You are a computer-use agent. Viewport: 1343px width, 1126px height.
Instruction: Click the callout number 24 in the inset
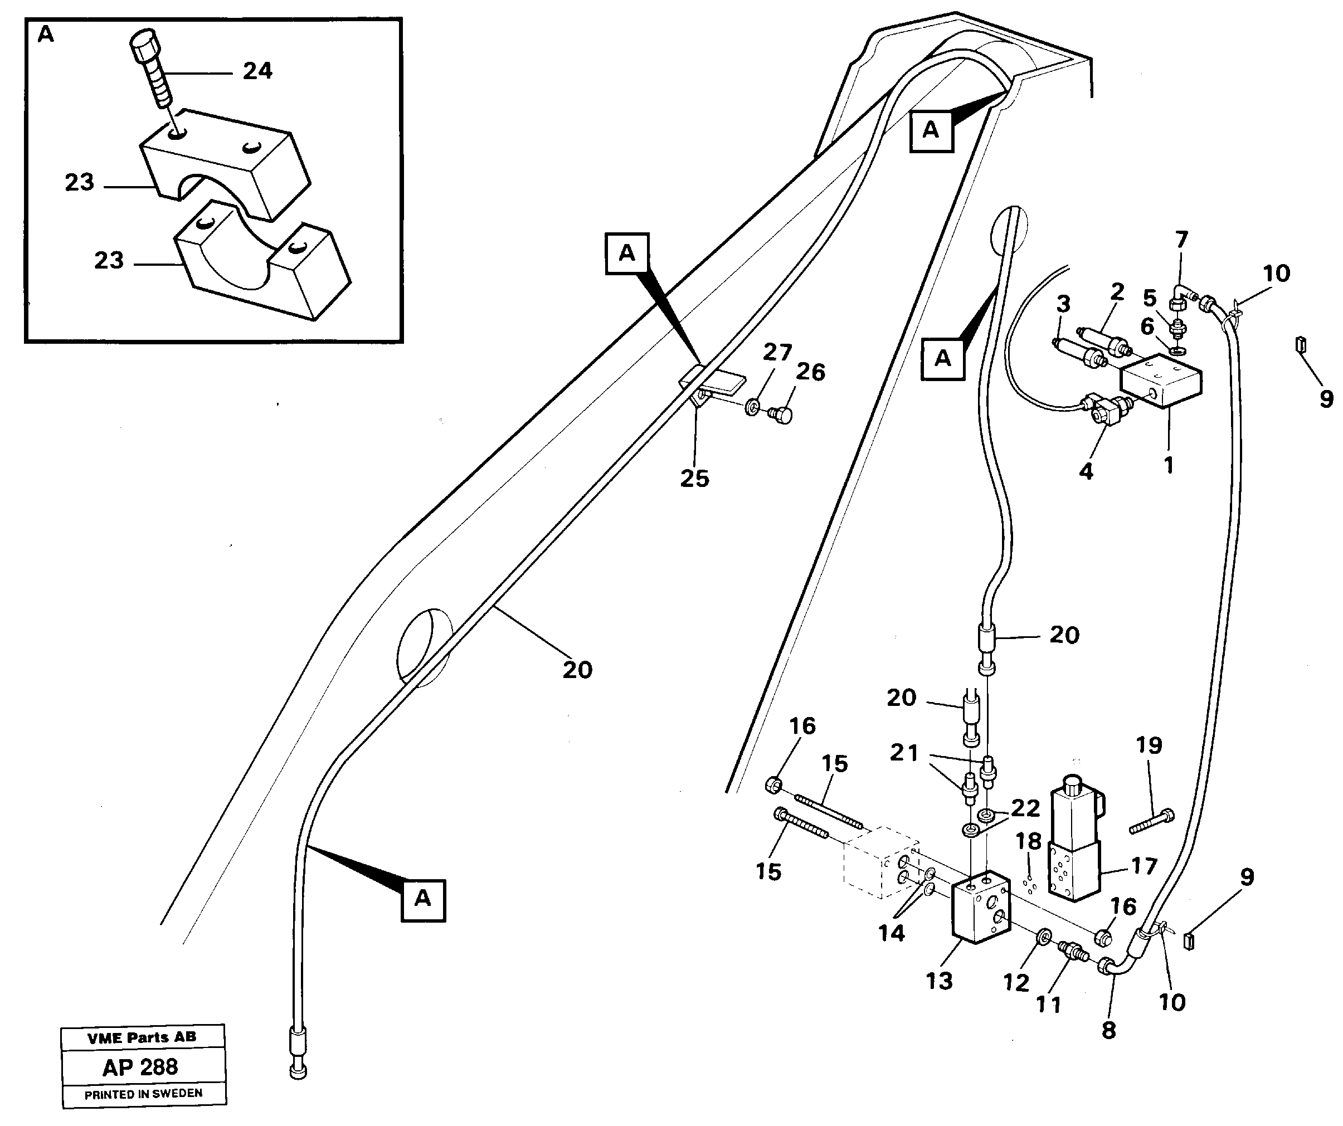coord(257,71)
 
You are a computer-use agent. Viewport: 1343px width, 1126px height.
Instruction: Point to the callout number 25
coord(694,478)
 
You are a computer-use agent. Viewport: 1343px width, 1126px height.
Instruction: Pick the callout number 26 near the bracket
coord(810,372)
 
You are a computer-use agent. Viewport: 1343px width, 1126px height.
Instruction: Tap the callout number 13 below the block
coord(939,980)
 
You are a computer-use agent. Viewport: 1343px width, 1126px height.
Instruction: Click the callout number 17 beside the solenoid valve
coord(1144,866)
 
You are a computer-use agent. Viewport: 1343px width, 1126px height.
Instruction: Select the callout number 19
coord(1149,745)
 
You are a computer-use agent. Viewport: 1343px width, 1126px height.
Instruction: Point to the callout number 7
coord(1181,240)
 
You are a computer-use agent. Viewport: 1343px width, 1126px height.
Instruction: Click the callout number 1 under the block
coord(1169,465)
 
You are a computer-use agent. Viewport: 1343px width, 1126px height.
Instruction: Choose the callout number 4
coord(1086,472)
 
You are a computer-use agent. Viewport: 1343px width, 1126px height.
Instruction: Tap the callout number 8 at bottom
coord(1108,1030)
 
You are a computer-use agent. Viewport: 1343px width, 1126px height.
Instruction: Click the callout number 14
coord(892,933)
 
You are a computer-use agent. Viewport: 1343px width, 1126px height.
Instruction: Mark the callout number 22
coord(1025,808)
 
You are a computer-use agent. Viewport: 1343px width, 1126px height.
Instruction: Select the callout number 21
coord(904,753)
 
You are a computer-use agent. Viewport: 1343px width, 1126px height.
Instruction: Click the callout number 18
coord(1028,841)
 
